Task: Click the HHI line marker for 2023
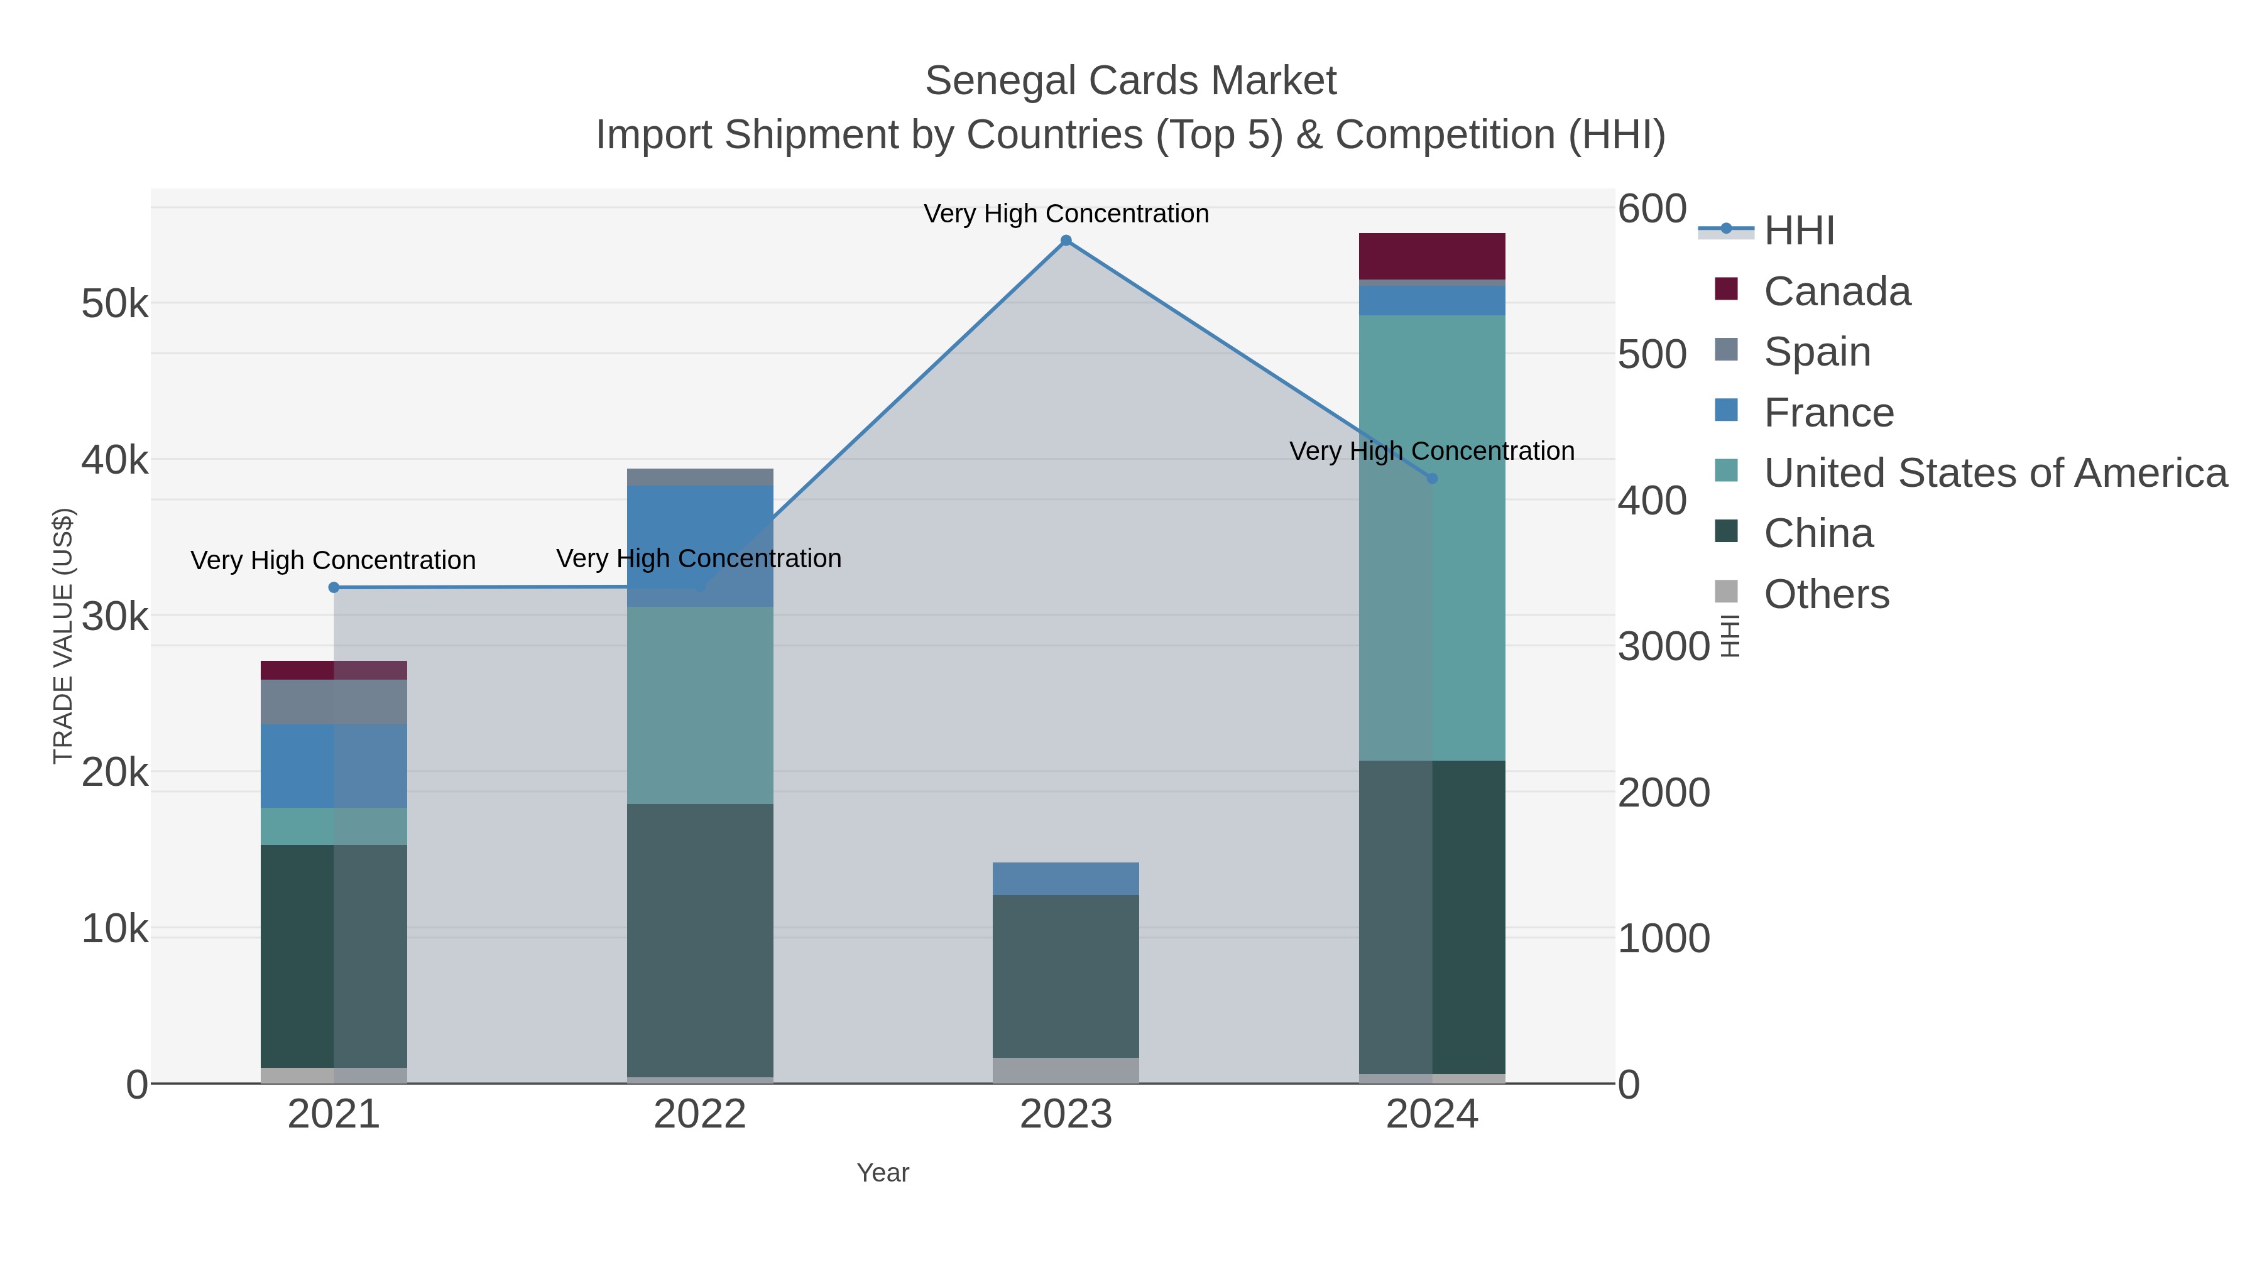1066,241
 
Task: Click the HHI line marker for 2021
334,587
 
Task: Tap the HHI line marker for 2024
1432,479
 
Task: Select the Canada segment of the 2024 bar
1432,256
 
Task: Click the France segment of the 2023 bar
1066,879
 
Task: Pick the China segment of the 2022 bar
700,939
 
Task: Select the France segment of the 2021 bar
334,766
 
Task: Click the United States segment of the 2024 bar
1432,537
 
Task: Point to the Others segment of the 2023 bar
1066,1070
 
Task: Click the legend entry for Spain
1816,352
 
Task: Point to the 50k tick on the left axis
114,305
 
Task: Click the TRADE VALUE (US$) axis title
63,636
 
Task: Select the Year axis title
883,1173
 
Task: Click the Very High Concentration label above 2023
1066,214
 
